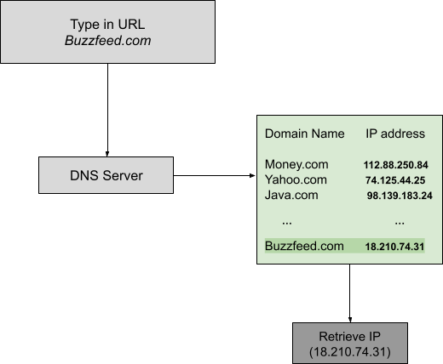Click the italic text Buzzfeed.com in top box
tap(107, 41)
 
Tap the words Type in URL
tap(107, 25)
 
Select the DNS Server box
tap(106, 175)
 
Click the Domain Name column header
tap(304, 134)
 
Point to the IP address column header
tap(395, 134)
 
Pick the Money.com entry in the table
tap(296, 164)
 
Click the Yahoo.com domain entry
tap(296, 179)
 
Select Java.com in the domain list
tap(291, 195)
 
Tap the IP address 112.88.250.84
tap(396, 165)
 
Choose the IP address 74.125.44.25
tap(395, 180)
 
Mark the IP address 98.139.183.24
tap(400, 196)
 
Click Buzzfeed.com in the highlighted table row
tap(304, 246)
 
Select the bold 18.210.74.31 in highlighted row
tap(394, 247)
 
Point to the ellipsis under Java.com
tap(287, 224)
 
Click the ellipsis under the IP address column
tap(400, 224)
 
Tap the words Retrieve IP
tap(349, 337)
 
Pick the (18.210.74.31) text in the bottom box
tap(350, 352)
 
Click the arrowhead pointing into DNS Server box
tap(107, 154)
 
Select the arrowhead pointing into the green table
tap(252, 175)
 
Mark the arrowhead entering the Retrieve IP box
tap(350, 320)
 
